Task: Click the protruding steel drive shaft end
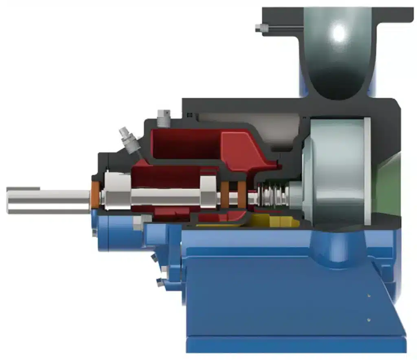45,200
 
